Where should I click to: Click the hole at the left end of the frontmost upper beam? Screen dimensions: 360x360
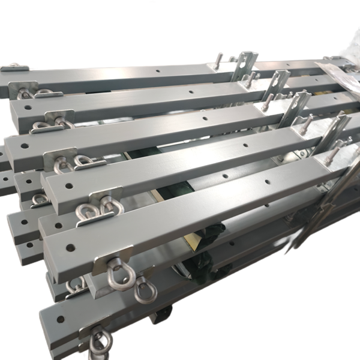click(x=70, y=247)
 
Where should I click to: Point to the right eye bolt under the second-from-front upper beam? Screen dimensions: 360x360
click(x=110, y=207)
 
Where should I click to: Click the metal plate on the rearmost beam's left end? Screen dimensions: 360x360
click(x=15, y=68)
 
